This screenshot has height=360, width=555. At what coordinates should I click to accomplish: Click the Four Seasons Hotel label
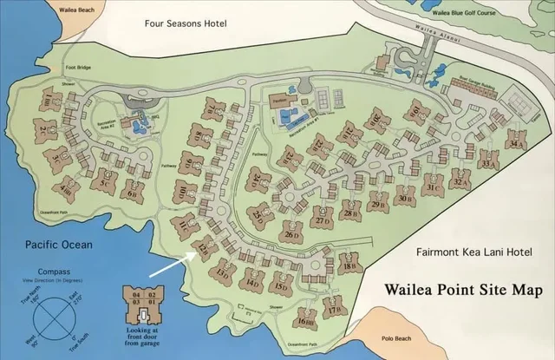pos(186,23)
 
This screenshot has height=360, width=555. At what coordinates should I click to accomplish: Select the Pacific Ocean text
pos(59,245)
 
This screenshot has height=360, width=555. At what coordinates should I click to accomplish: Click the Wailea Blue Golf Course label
pos(463,13)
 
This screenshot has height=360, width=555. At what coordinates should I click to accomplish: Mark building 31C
pos(434,186)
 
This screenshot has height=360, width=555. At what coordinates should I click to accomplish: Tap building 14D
pos(251,280)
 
